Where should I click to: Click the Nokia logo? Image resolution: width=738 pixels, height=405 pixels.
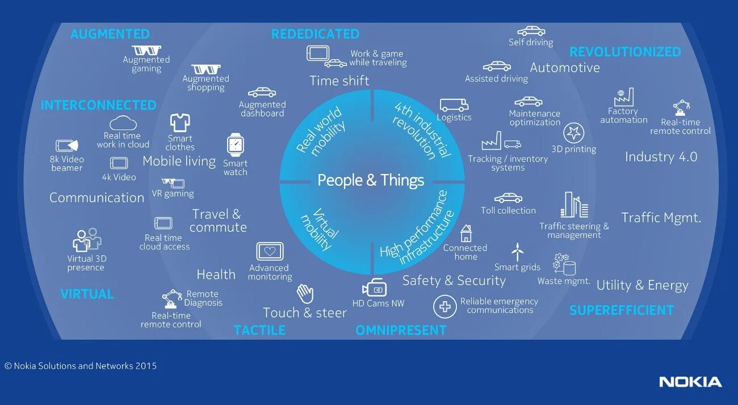(690, 382)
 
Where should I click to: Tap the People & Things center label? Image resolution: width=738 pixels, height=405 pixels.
(371, 181)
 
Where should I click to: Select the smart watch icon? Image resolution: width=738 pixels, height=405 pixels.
(235, 145)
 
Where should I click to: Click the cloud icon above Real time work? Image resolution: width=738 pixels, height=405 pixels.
(123, 123)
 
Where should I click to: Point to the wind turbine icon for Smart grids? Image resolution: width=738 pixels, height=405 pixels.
(517, 252)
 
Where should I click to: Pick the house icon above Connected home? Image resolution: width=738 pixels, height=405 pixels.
(466, 233)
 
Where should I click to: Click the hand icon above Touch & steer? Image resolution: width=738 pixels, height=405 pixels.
(305, 294)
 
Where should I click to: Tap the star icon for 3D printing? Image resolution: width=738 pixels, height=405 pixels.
(573, 133)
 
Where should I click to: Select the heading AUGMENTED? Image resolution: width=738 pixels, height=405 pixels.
(110, 34)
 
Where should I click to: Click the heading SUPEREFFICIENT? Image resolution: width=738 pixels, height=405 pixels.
(622, 310)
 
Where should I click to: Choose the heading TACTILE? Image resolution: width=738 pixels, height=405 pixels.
(259, 330)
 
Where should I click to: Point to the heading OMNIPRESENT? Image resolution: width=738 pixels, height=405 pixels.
(401, 330)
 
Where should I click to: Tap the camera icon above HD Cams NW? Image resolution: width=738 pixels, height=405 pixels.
(375, 288)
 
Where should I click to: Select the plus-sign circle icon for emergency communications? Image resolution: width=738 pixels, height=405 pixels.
(445, 307)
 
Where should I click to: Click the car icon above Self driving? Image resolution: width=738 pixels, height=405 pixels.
(531, 31)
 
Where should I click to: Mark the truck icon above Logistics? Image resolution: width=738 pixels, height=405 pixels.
(454, 106)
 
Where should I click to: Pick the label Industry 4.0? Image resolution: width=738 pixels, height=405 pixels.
(661, 157)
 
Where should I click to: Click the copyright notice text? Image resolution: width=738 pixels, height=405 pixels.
(81, 366)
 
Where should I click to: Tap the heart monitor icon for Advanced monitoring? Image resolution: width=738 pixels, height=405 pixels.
(270, 251)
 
